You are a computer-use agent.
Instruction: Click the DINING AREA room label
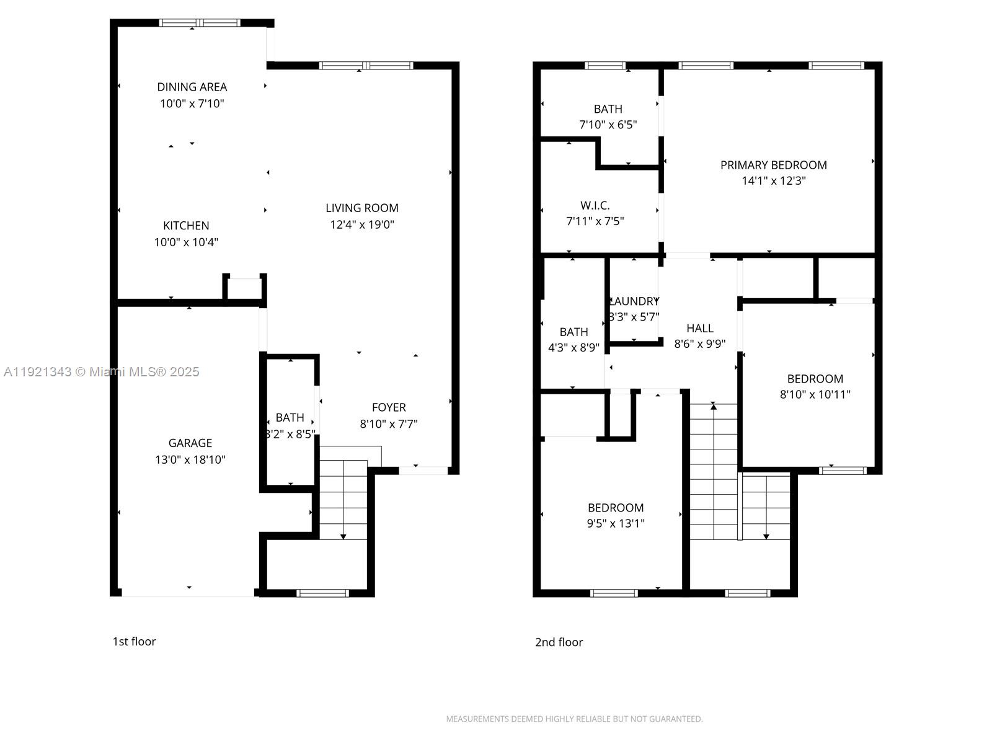192,87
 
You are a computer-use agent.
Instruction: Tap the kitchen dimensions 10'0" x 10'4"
186,242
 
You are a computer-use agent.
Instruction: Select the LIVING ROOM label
362,208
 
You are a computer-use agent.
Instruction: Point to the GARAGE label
190,443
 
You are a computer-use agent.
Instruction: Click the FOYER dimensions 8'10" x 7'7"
389,424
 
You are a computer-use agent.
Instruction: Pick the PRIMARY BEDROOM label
773,165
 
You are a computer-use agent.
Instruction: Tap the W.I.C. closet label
595,205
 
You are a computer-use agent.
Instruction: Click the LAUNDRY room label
634,301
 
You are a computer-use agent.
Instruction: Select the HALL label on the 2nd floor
699,329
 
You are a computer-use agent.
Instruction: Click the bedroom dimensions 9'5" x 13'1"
616,523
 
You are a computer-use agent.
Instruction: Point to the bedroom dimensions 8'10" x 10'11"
815,394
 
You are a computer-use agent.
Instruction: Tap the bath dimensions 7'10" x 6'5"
608,125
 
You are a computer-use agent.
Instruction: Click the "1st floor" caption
134,642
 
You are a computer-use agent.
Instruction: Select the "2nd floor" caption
559,642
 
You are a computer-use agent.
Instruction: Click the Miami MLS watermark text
102,372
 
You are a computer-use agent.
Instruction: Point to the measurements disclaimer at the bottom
574,719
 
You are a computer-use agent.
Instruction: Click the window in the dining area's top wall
199,23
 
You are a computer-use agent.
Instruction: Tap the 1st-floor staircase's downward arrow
343,536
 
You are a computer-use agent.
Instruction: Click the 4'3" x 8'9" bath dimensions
573,348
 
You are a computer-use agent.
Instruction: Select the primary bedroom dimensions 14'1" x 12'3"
773,181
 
